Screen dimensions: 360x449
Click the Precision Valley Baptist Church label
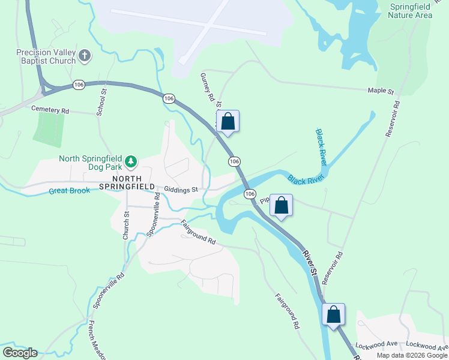(46, 56)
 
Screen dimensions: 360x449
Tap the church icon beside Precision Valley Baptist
(85, 56)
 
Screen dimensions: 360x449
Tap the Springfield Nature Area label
(410, 11)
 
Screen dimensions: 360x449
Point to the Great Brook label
(69, 191)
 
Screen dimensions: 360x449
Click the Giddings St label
(181, 190)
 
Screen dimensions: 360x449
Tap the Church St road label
(126, 226)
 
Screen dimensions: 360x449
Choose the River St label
(310, 263)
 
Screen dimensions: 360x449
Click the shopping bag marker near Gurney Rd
(228, 121)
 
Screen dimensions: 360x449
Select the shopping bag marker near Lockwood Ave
(333, 314)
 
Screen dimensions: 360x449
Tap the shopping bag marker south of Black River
(281, 205)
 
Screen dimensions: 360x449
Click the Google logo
(20, 353)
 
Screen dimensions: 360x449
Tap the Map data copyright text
(412, 355)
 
